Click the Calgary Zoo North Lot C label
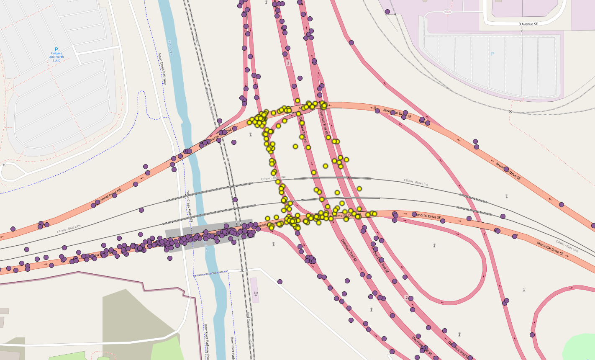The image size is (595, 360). click(x=56, y=57)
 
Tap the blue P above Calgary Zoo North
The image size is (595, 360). click(x=56, y=49)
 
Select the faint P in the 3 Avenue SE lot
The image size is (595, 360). click(x=492, y=54)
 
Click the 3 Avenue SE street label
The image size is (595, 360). click(x=528, y=24)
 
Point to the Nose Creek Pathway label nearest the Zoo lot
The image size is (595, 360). click(x=162, y=69)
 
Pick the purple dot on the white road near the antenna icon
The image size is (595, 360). click(x=280, y=282)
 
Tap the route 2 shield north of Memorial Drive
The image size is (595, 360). click(x=288, y=63)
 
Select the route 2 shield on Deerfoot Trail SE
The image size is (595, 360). click(x=406, y=297)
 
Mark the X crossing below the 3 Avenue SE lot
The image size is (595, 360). click(x=510, y=111)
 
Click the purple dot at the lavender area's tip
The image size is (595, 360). click(x=387, y=12)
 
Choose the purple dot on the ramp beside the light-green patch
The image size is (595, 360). click(x=532, y=335)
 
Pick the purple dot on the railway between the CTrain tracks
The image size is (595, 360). click(x=235, y=200)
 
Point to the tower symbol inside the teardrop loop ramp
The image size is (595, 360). click(x=434, y=245)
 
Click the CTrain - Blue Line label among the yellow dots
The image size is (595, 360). click(x=274, y=178)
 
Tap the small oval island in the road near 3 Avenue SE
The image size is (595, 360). click(x=447, y=12)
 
